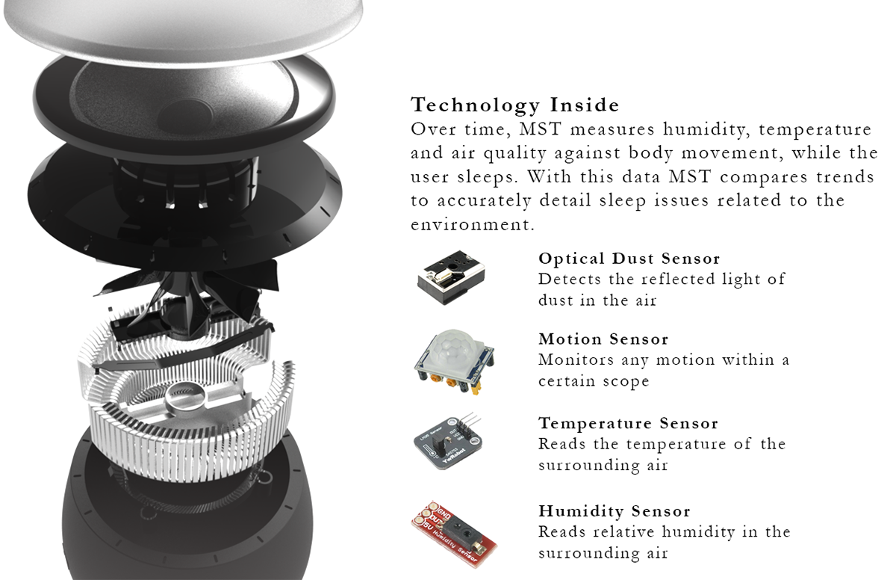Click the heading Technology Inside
[514, 104]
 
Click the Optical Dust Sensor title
[629, 259]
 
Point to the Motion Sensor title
[603, 339]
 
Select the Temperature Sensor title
[628, 423]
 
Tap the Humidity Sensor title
[615, 511]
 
